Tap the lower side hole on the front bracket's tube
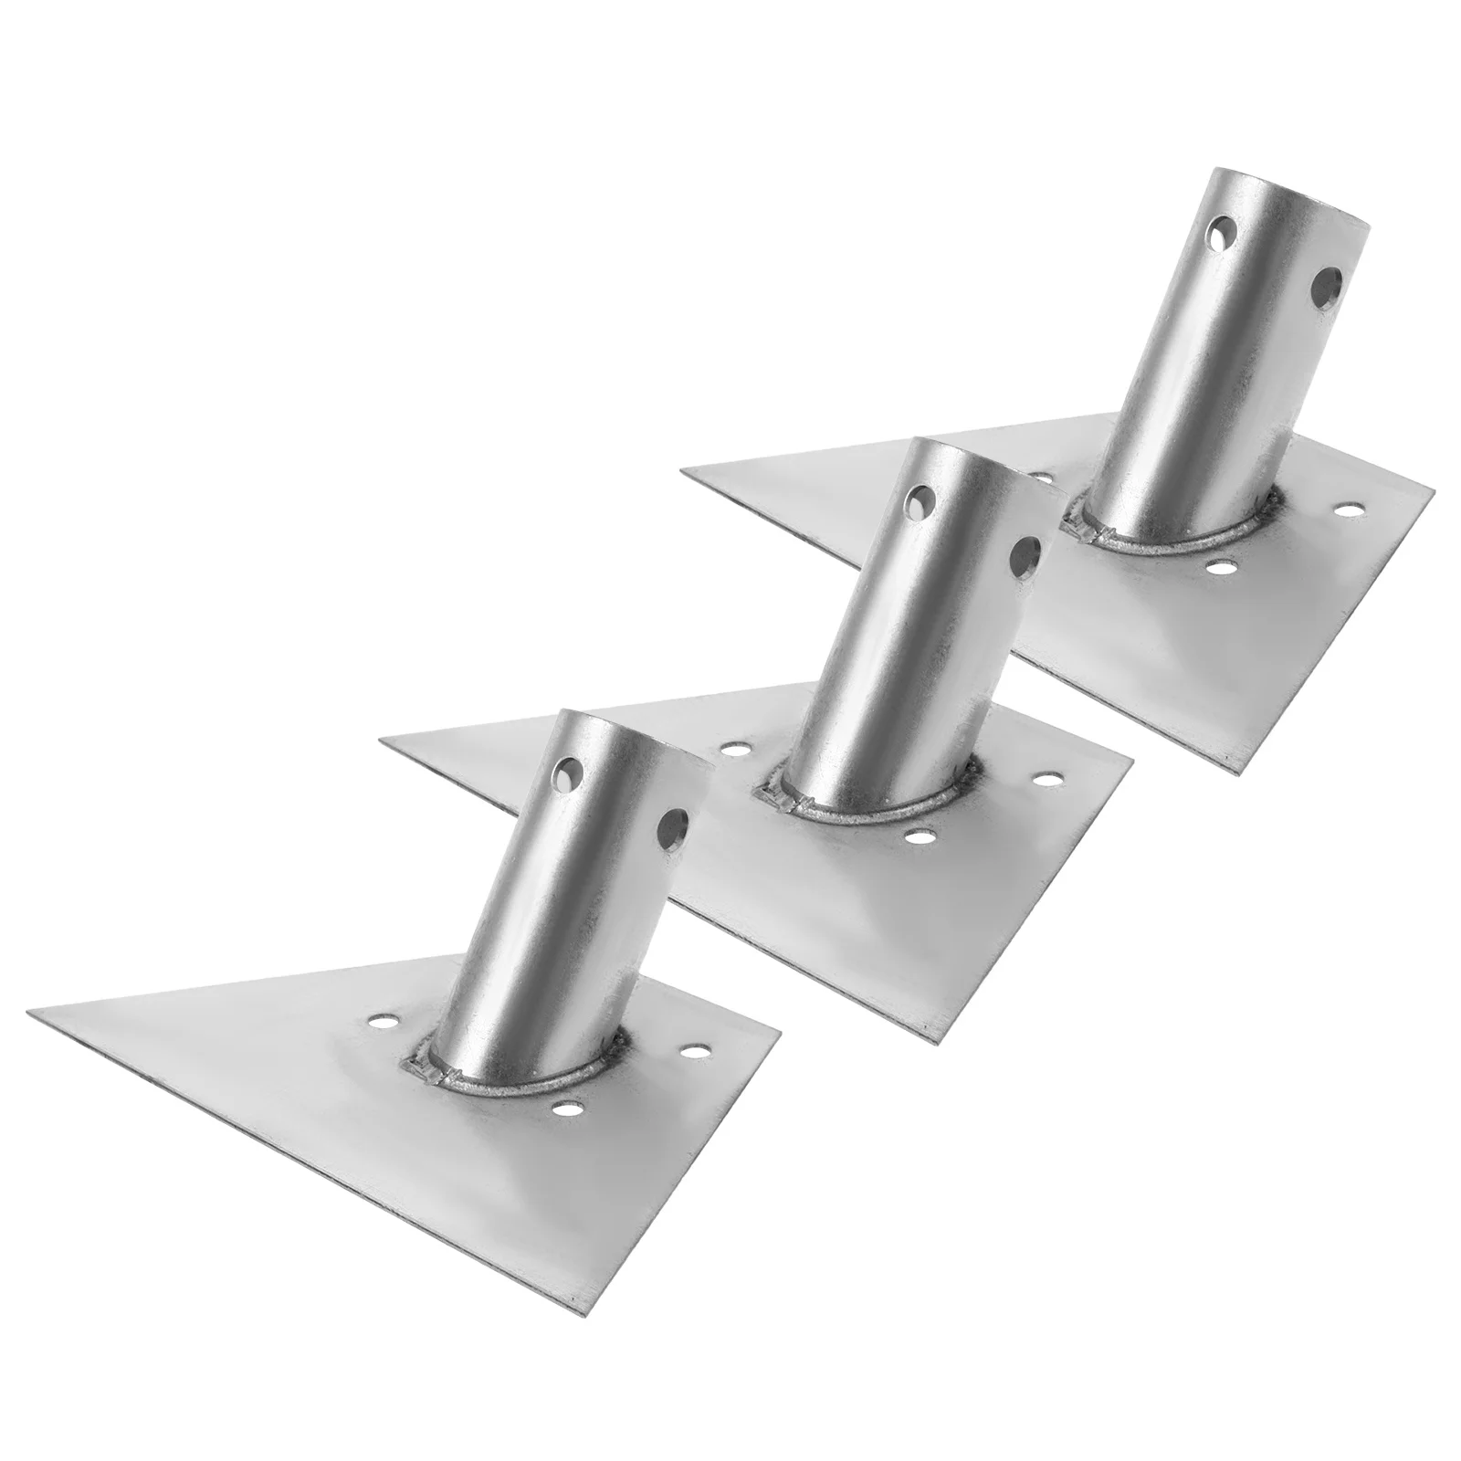(676, 828)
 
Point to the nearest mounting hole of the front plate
(570, 1109)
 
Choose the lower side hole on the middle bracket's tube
(1025, 554)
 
